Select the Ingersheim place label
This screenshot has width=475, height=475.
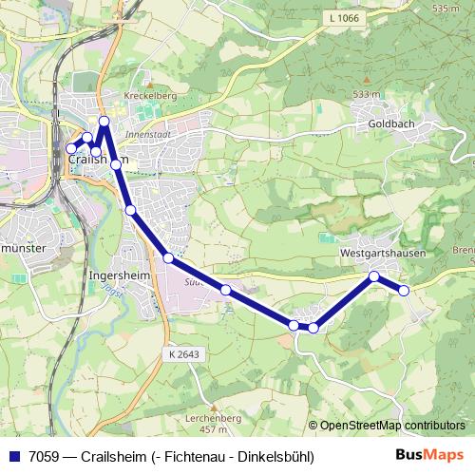point(115,276)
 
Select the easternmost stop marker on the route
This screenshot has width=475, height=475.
point(404,290)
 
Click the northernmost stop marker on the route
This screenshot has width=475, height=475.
point(104,121)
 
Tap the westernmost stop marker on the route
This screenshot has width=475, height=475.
point(70,148)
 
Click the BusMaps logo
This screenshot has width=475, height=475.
point(429,455)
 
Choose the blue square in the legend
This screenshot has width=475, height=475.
point(12,456)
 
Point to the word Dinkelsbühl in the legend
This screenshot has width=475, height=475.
point(276,456)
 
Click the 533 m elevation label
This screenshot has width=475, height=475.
point(366,94)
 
